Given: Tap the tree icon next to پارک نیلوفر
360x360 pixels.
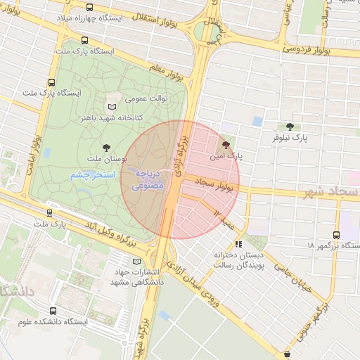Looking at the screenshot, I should pyautogui.click(x=290, y=127).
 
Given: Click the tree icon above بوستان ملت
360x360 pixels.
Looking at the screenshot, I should pyautogui.click(x=106, y=148).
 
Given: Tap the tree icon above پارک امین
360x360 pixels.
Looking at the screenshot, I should pyautogui.click(x=225, y=143).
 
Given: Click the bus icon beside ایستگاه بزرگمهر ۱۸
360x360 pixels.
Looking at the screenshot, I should pyautogui.click(x=336, y=236).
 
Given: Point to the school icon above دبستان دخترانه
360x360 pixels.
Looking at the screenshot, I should pyautogui.click(x=238, y=244).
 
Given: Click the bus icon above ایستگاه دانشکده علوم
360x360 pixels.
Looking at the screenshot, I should pyautogui.click(x=54, y=311).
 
